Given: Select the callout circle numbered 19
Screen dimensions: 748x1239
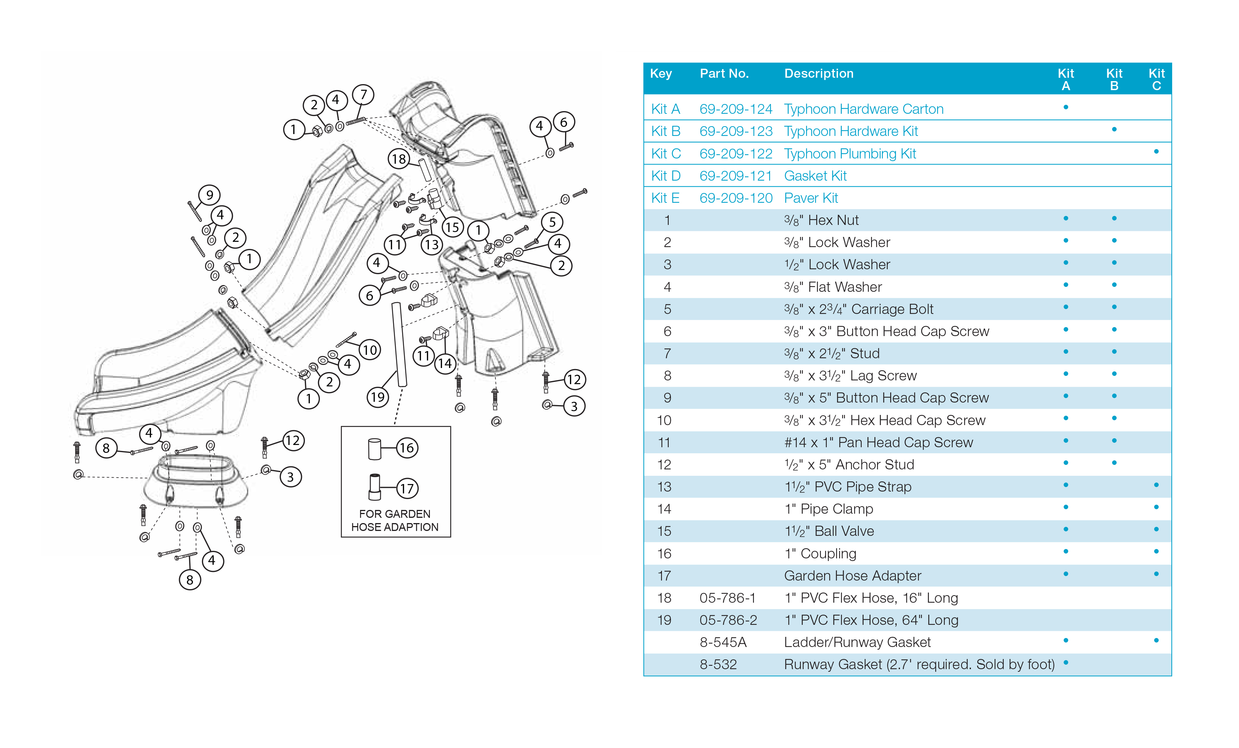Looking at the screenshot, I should coord(378,397).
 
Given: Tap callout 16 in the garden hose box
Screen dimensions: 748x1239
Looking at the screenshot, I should coord(407,448).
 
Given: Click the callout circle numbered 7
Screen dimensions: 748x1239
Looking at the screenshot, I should coord(363,95).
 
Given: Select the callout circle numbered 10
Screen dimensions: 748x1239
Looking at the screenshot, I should coord(370,350).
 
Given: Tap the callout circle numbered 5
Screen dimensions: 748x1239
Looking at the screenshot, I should coord(552,222).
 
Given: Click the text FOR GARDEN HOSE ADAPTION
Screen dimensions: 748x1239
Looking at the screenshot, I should coord(395,520).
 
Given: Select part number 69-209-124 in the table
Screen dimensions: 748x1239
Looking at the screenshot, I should coord(736,109).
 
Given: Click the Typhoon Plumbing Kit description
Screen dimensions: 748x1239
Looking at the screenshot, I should coord(850,154).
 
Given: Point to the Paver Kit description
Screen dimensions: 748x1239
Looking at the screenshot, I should coord(811,198).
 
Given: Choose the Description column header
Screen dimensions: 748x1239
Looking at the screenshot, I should coord(818,74).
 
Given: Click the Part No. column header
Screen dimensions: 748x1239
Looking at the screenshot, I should coord(724,74).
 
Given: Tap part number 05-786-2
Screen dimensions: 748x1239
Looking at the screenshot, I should coord(728,620).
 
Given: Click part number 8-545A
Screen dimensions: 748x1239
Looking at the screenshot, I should coord(723,642).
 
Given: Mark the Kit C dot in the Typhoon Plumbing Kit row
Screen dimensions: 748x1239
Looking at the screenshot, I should coord(1156,152).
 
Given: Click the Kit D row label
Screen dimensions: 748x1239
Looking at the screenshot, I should coord(665,176).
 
